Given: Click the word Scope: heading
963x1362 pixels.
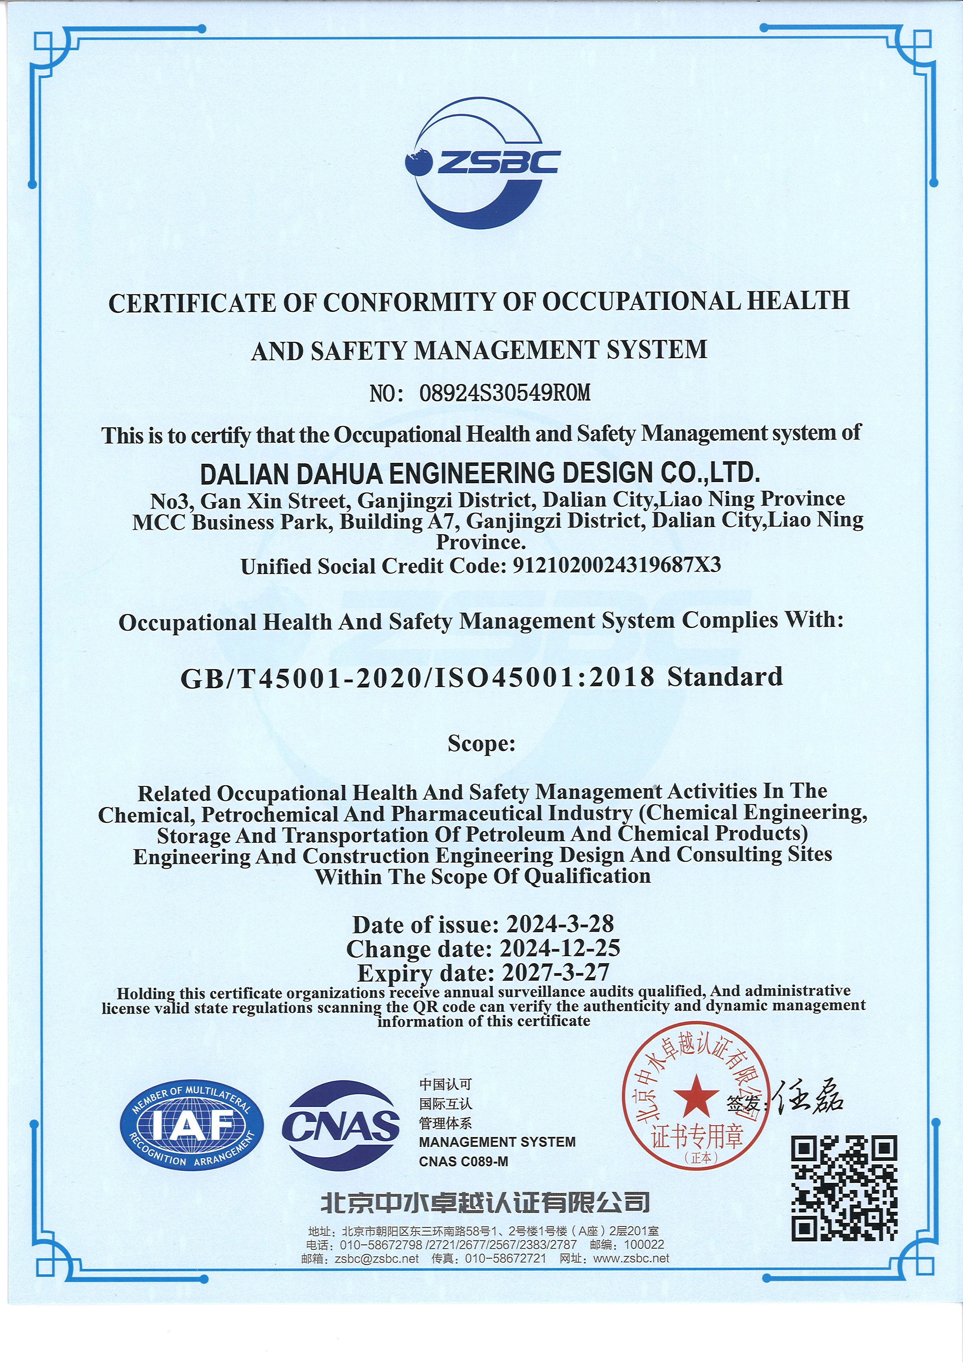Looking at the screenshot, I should click(x=481, y=743).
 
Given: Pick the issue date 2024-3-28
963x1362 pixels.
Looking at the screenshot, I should click(x=560, y=924).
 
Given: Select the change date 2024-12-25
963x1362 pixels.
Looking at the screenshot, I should click(x=560, y=948).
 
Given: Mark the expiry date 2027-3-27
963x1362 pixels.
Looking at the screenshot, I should click(x=556, y=972).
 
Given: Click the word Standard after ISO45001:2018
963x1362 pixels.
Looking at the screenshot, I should click(x=725, y=677).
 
